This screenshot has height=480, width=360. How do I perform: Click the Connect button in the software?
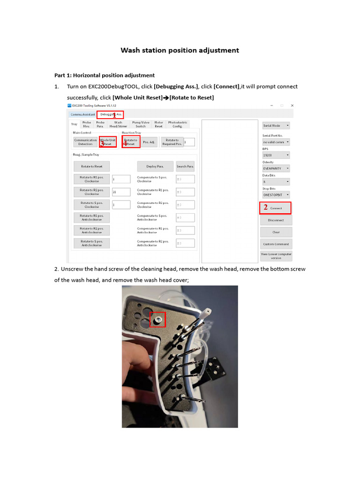276,208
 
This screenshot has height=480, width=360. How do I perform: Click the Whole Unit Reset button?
107,142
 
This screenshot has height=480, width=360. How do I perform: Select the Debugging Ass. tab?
111,114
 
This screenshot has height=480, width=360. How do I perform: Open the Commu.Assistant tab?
83,114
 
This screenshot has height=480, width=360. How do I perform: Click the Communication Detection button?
85,142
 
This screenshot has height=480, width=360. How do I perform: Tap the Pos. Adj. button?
149,142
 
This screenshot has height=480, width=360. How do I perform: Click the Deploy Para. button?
155,166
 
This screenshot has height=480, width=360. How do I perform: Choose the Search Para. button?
185,166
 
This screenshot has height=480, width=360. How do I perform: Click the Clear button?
276,232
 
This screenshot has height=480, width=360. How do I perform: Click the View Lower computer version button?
276,256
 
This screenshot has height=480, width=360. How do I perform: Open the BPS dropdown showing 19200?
276,155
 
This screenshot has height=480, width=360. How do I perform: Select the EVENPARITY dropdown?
276,168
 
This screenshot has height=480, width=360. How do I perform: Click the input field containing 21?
121,192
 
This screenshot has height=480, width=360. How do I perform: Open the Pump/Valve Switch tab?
141,124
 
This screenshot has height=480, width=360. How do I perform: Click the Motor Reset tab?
158,124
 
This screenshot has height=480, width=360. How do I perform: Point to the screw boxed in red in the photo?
158,319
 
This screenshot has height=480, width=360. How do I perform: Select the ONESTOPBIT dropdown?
276,194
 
